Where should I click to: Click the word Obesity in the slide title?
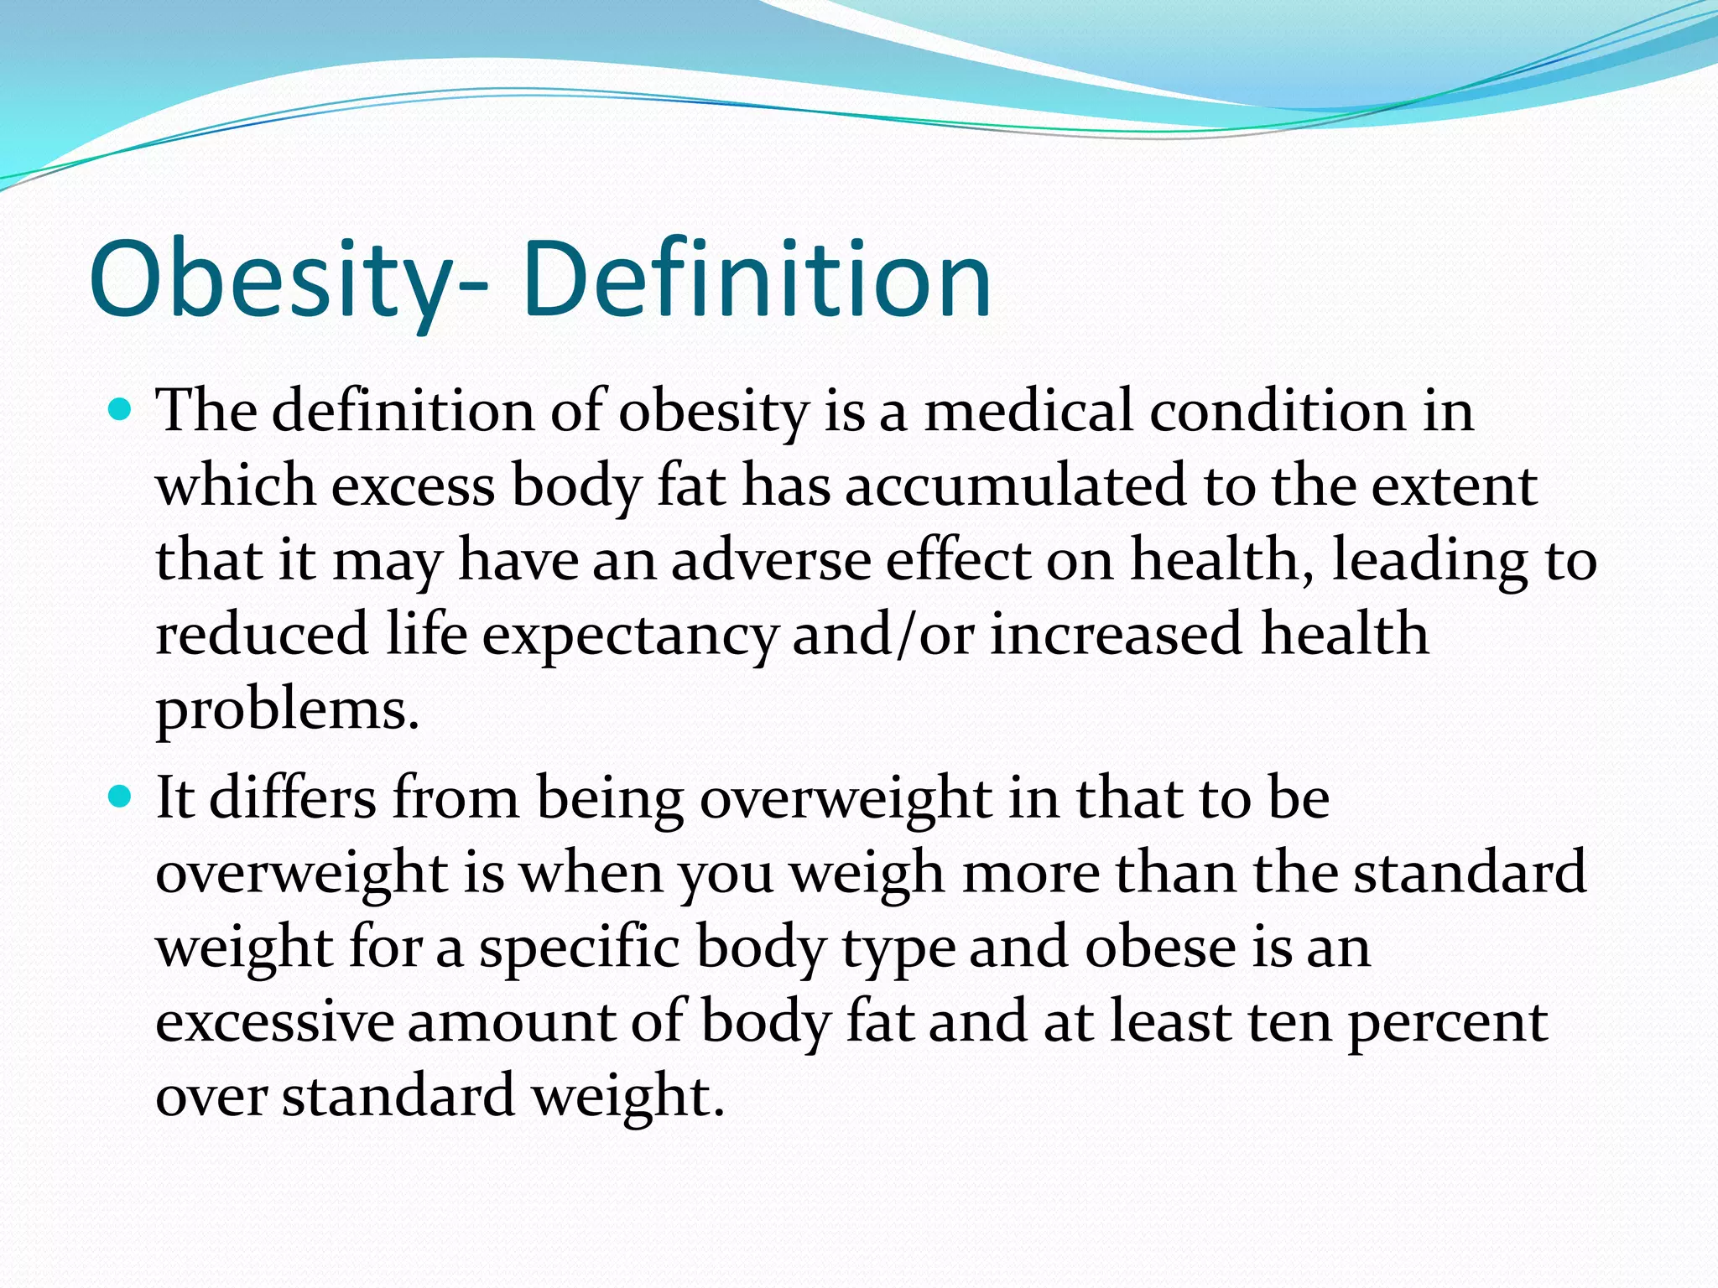[277, 279]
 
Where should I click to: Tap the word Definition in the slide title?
[757, 279]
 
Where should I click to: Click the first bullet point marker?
[122, 411]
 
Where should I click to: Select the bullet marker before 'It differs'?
[122, 797]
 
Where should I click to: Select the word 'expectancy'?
[630, 635]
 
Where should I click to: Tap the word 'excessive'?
[274, 1021]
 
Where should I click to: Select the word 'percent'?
[1447, 1021]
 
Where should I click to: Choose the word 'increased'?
[1117, 635]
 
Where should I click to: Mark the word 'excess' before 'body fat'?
[414, 486]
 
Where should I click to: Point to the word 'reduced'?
[262, 635]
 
